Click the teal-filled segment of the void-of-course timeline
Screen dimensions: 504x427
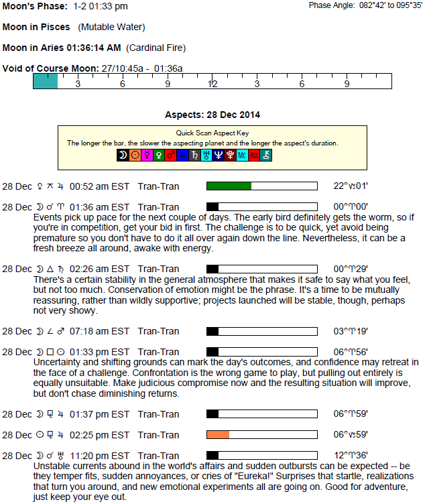tap(45, 81)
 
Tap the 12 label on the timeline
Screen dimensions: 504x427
tap(212, 84)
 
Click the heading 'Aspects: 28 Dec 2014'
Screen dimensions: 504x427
tap(212, 115)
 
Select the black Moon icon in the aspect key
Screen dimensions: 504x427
tap(123, 155)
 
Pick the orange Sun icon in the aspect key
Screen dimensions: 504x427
tap(135, 155)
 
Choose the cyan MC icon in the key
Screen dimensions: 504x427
tap(242, 155)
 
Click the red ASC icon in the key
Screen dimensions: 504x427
tap(254, 155)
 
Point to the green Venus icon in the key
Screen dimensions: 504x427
tap(159, 155)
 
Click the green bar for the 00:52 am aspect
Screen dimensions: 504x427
tap(229, 186)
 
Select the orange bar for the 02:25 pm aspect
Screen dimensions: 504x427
tap(218, 435)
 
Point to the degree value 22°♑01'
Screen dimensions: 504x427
tap(351, 186)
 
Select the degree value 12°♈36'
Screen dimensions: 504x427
tap(351, 456)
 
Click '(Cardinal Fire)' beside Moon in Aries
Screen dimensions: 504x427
tap(156, 48)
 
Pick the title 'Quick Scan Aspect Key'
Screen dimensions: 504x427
tap(212, 133)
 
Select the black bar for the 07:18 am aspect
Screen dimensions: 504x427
tap(212, 331)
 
